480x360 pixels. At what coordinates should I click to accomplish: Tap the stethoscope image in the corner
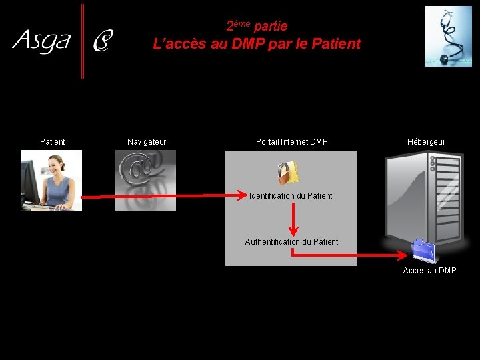(448, 37)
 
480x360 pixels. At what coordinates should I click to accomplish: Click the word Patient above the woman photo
(53, 142)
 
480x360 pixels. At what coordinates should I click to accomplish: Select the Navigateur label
(147, 142)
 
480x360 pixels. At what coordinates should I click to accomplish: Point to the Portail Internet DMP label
(292, 142)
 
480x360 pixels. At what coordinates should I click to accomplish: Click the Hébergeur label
(427, 142)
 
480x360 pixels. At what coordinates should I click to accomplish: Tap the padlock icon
(288, 173)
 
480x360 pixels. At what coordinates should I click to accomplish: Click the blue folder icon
(423, 251)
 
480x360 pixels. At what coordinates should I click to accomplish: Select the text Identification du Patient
(291, 196)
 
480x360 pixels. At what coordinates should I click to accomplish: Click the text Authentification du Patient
(291, 242)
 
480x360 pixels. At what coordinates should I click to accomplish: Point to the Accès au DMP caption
(430, 271)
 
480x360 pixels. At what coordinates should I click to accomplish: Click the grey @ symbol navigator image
(145, 180)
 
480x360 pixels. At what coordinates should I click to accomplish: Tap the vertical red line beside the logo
(83, 41)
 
